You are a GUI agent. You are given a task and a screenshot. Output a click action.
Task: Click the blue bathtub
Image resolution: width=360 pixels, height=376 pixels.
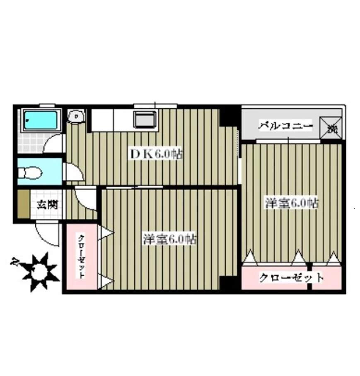click(40, 120)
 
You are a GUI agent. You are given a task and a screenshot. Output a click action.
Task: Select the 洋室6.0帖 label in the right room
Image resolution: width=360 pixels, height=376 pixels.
click(292, 204)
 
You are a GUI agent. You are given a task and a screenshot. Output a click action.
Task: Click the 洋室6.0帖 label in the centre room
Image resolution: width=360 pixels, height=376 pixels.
click(170, 240)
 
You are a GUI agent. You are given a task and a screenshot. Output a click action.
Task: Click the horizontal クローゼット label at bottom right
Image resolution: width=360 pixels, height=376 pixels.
click(291, 277)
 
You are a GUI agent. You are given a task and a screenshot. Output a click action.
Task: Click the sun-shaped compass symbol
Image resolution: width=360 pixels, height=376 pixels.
click(40, 271)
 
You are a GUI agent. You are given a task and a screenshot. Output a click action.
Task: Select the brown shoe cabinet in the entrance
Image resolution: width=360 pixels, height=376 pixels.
click(24, 205)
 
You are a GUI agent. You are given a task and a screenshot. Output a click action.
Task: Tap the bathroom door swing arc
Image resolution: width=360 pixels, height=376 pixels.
click(53, 143)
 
